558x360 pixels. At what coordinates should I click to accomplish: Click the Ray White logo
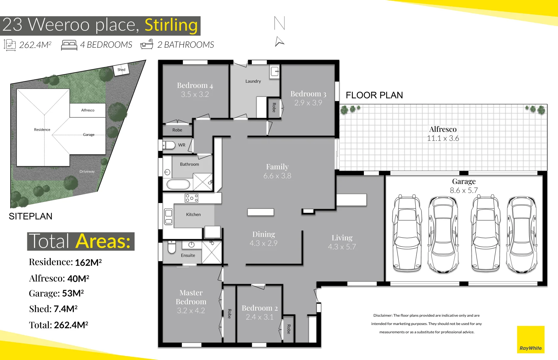pyautogui.click(x=530, y=339)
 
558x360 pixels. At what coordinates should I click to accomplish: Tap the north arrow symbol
pyautogui.click(x=280, y=42)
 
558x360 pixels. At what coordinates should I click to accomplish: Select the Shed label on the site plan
pyautogui.click(x=121, y=70)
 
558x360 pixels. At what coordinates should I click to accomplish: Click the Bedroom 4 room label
pyautogui.click(x=195, y=86)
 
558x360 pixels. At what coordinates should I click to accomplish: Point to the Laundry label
pyautogui.click(x=253, y=81)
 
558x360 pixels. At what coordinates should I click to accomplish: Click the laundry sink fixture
pyautogui.click(x=275, y=71)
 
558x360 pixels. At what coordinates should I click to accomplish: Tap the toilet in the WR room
pyautogui.click(x=169, y=145)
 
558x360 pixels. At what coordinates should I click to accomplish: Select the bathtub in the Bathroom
pyautogui.click(x=178, y=184)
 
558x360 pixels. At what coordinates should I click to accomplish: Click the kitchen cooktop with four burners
pyautogui.click(x=191, y=198)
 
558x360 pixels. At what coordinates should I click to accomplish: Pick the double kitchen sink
pyautogui.click(x=168, y=217)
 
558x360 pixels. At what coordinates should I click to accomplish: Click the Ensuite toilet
pyautogui.click(x=171, y=248)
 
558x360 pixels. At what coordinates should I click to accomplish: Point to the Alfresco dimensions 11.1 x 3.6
pyautogui.click(x=443, y=138)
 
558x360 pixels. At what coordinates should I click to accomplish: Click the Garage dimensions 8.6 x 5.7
pyautogui.click(x=464, y=190)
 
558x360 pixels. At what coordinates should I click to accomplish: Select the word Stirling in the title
pyautogui.click(x=171, y=25)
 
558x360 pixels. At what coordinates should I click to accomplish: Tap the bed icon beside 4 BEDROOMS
pyautogui.click(x=69, y=45)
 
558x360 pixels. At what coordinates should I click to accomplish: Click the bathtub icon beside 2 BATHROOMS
pyautogui.click(x=147, y=45)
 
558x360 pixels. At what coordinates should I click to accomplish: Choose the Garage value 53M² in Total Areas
pyautogui.click(x=73, y=293)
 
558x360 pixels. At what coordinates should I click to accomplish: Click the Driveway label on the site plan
pyautogui.click(x=87, y=171)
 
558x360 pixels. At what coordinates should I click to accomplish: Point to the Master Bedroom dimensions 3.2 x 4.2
pyautogui.click(x=191, y=311)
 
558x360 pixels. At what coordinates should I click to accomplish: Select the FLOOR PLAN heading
pyautogui.click(x=374, y=95)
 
